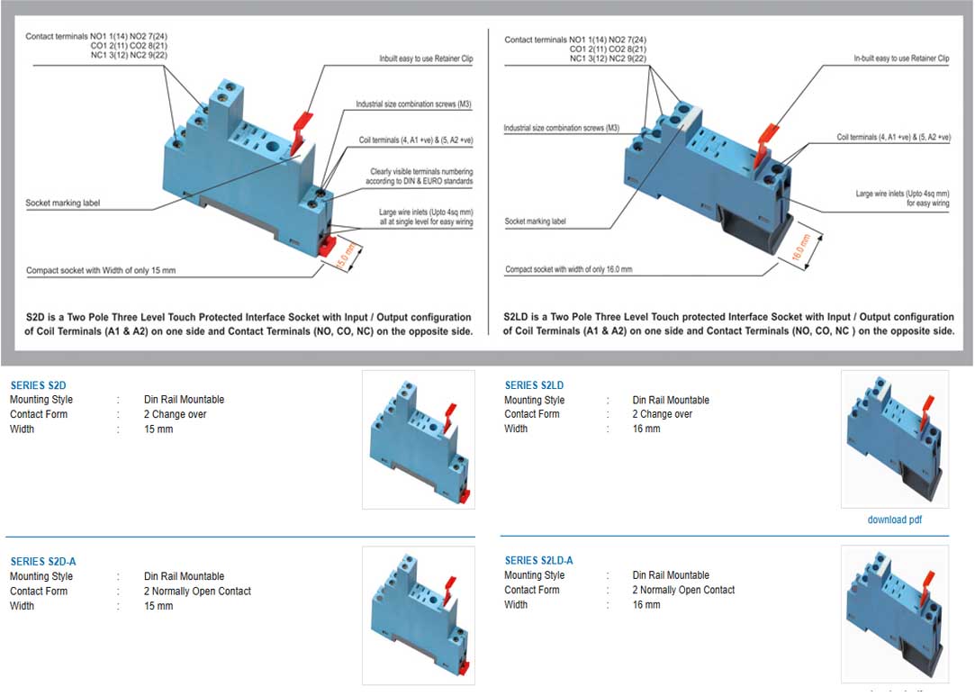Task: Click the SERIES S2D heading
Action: click(38, 385)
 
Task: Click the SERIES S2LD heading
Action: click(534, 385)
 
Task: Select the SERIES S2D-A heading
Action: click(43, 562)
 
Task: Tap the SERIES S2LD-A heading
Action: click(538, 561)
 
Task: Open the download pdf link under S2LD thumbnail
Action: click(894, 520)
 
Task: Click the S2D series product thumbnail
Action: click(418, 439)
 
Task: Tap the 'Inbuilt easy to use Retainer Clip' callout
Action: click(426, 59)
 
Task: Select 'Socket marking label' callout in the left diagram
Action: click(63, 203)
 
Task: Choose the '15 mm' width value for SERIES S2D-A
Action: click(158, 606)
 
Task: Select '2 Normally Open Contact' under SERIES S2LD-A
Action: click(683, 590)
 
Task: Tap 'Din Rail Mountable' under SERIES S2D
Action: click(184, 400)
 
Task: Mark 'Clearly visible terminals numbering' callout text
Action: click(421, 171)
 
